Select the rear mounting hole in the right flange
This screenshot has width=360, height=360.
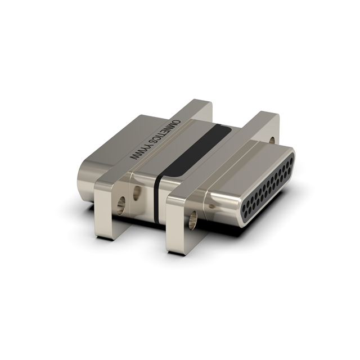272,141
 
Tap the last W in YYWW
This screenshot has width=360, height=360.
135,161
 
